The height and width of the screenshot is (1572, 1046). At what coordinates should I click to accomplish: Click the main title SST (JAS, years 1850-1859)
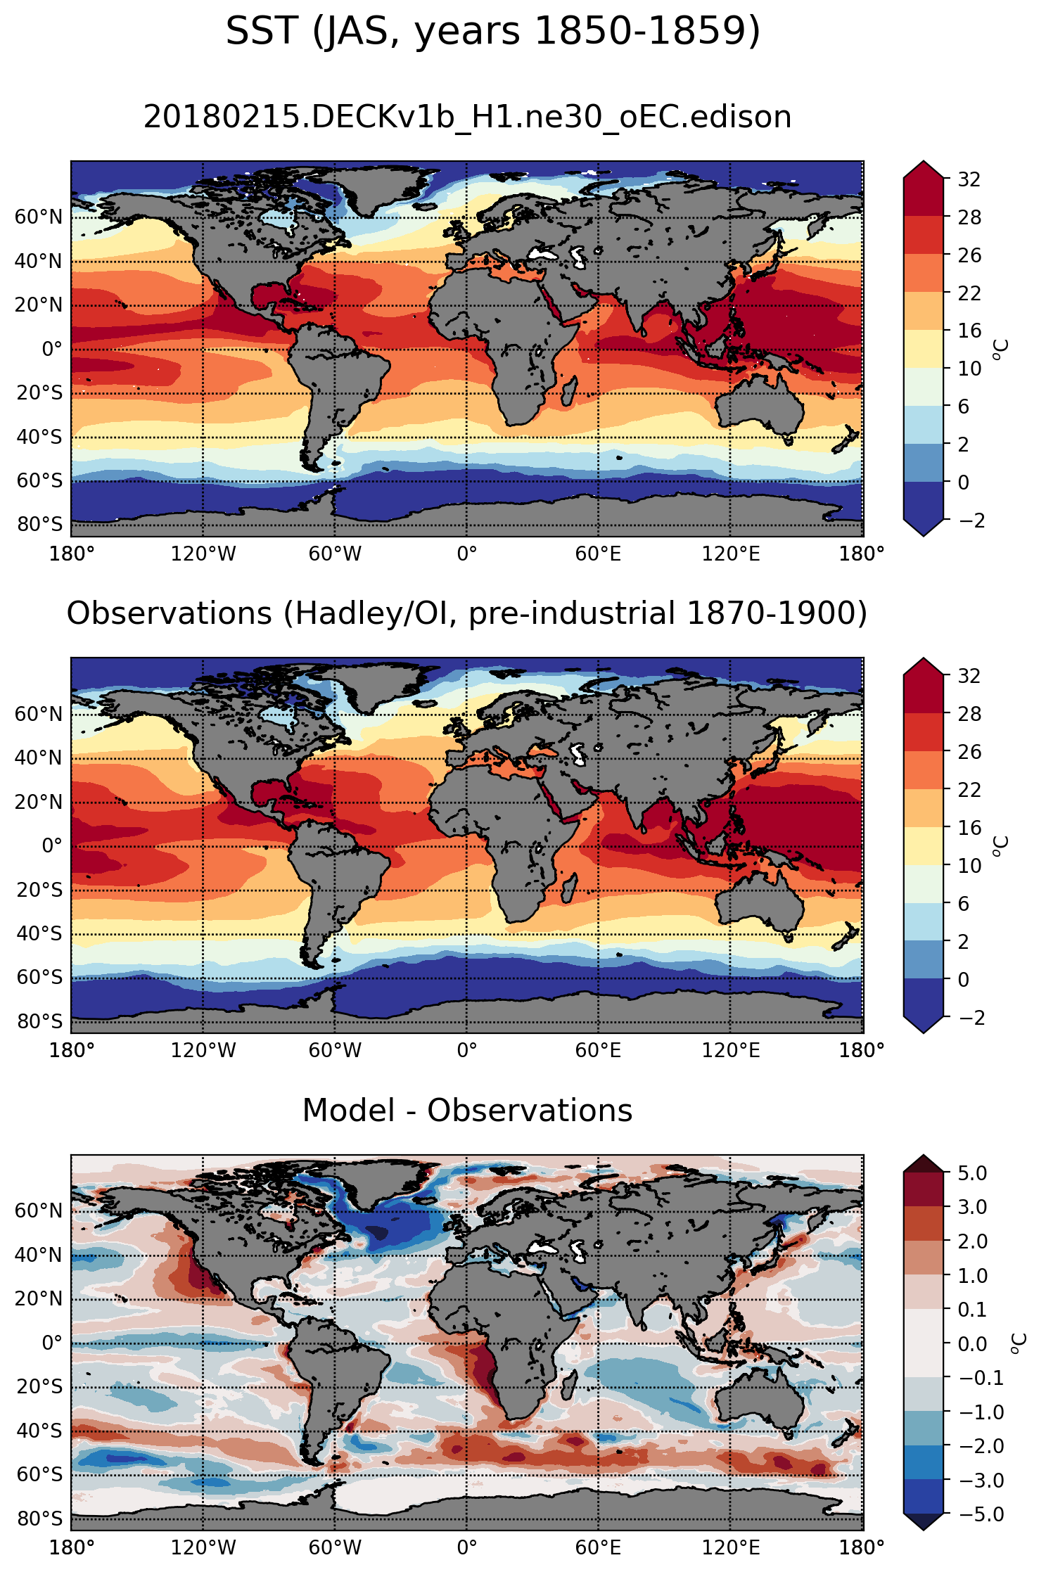pos(493,32)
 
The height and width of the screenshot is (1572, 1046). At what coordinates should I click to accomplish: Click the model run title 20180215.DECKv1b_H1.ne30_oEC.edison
pos(468,117)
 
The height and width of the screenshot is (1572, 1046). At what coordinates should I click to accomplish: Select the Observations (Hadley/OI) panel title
pos(467,613)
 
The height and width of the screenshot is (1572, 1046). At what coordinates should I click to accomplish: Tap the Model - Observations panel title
pos(467,1111)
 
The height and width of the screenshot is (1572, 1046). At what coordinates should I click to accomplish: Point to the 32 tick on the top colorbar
pos(969,179)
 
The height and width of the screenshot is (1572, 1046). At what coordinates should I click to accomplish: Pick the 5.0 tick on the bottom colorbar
pos(973,1172)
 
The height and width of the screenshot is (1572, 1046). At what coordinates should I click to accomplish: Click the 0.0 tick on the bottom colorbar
pos(973,1343)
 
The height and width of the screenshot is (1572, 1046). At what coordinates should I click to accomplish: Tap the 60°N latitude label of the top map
pos(39,217)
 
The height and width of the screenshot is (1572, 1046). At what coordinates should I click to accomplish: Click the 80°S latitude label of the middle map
pos(39,1022)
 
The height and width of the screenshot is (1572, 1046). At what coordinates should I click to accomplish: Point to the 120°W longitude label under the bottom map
pos(203,1548)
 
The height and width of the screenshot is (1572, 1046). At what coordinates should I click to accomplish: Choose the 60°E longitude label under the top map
pos(598,554)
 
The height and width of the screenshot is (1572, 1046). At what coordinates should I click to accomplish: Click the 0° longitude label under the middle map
pos(467,1051)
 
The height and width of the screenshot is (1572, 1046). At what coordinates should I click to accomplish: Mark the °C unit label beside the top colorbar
pos(1000,350)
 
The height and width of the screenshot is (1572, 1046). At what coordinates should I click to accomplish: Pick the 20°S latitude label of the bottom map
pos(39,1387)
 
